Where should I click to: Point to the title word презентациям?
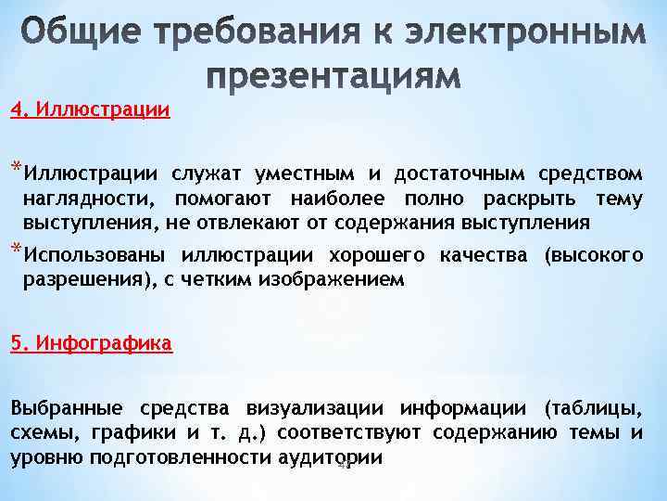coord(333,78)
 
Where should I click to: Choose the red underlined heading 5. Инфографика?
coord(91,343)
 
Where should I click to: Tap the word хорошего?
coord(371,255)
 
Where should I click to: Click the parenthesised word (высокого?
coord(594,255)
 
